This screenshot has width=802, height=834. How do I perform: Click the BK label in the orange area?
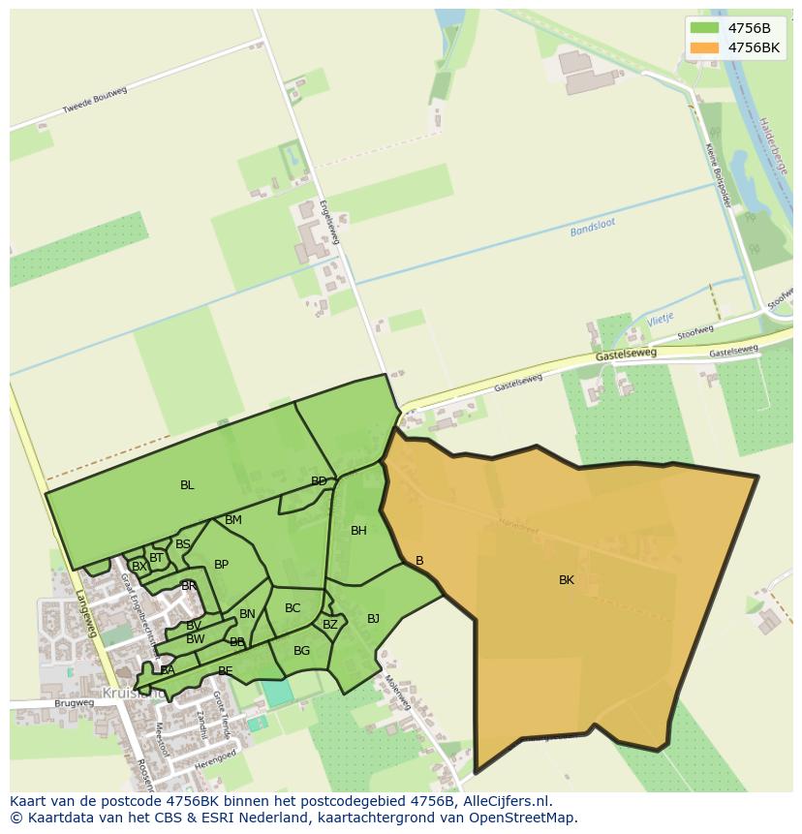coord(567,580)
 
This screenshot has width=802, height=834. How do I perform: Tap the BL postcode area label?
coord(187,485)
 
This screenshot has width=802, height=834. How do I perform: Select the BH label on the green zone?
coord(358,531)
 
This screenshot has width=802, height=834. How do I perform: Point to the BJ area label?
coord(373,619)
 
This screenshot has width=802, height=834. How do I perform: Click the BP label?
coord(221,565)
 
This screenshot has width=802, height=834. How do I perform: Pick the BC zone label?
coord(293,608)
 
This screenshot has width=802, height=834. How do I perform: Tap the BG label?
coord(301,651)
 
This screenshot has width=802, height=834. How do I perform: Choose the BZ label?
coord(330,625)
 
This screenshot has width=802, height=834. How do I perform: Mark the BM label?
coord(233,520)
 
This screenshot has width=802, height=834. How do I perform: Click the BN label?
coord(247,614)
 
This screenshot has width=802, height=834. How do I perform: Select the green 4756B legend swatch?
coord(704,28)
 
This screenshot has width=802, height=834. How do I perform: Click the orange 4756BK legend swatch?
coord(704,46)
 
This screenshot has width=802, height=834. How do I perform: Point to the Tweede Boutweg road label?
coord(95,101)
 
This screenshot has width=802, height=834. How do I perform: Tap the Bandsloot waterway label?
coord(593,230)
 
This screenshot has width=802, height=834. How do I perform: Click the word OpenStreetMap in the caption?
coord(523,818)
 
